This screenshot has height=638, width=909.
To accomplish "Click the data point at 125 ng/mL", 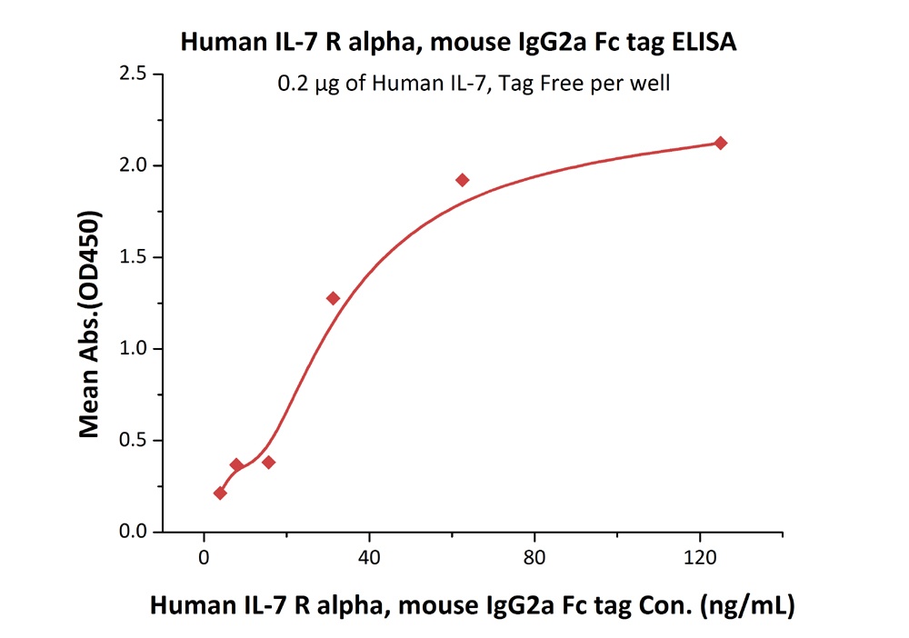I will click(x=721, y=143).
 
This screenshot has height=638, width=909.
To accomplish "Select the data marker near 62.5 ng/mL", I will click(x=463, y=180).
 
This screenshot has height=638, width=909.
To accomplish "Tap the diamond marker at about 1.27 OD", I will click(x=333, y=298).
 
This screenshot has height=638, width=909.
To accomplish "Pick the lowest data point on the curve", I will click(x=220, y=493).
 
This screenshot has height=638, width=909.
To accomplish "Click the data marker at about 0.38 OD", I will click(x=269, y=462).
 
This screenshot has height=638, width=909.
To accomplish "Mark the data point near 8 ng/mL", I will click(x=236, y=464).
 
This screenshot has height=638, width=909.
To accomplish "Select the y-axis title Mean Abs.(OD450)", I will click(x=89, y=325).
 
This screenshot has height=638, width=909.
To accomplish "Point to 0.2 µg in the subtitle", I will click(x=304, y=85).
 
